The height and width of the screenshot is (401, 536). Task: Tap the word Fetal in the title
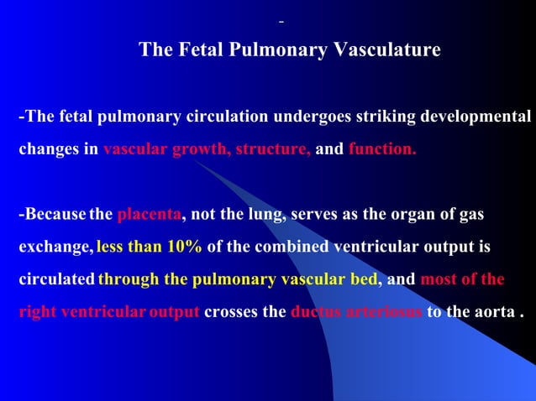point(197,50)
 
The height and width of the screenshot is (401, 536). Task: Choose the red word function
point(382,151)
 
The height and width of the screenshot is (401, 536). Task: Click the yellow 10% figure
point(182,249)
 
